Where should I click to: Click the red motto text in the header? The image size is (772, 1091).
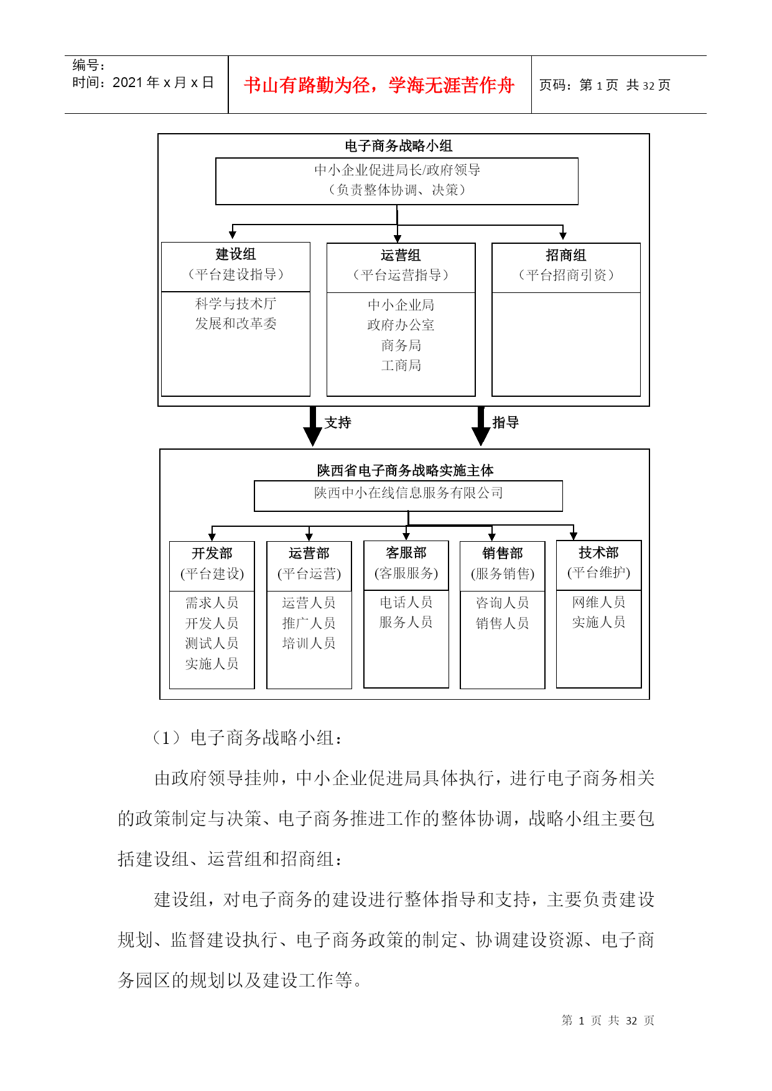(x=379, y=85)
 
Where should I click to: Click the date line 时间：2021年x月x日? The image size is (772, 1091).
(x=143, y=83)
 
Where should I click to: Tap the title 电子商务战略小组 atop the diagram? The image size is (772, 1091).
(x=398, y=146)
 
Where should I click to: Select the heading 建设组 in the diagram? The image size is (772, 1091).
(x=236, y=254)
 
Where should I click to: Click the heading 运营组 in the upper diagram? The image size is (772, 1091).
(x=401, y=255)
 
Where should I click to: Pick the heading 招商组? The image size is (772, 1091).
(x=566, y=255)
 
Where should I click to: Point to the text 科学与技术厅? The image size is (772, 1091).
(x=236, y=304)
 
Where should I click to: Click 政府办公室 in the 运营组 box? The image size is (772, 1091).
(x=401, y=325)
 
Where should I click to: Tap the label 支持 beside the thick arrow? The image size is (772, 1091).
(x=338, y=422)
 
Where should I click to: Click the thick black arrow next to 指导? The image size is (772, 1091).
(x=481, y=427)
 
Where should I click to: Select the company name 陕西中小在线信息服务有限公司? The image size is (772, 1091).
(x=408, y=493)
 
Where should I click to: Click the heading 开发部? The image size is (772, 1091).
(x=212, y=553)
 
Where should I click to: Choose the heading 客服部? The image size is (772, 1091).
(x=406, y=552)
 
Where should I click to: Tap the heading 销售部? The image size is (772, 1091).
(x=503, y=553)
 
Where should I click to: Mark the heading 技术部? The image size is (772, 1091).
(x=598, y=552)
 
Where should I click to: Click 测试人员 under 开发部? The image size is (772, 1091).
(x=212, y=643)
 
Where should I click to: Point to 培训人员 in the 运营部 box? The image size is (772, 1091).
(x=309, y=643)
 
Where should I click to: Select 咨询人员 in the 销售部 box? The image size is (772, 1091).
(x=503, y=603)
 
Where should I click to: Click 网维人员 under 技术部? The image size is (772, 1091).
(x=598, y=602)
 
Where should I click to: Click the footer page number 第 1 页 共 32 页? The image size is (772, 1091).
(x=608, y=1020)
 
